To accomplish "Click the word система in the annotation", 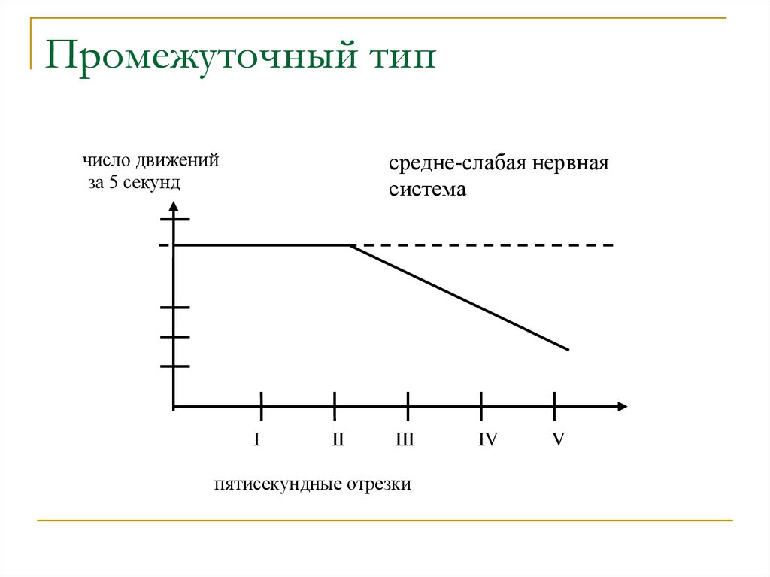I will [427, 189].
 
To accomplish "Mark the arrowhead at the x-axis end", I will [621, 407].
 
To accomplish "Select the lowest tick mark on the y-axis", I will [174, 366].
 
